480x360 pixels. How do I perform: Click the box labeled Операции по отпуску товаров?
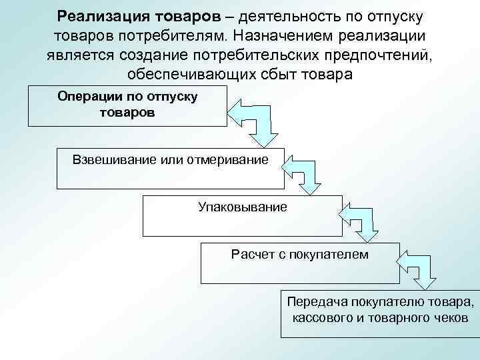[x=127, y=105]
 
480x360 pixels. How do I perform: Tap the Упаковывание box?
[x=242, y=216]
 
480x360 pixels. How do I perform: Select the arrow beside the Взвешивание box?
[x=305, y=171]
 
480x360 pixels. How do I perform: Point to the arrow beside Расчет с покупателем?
[x=417, y=266]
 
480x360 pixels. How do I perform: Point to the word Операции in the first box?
[x=85, y=97]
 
